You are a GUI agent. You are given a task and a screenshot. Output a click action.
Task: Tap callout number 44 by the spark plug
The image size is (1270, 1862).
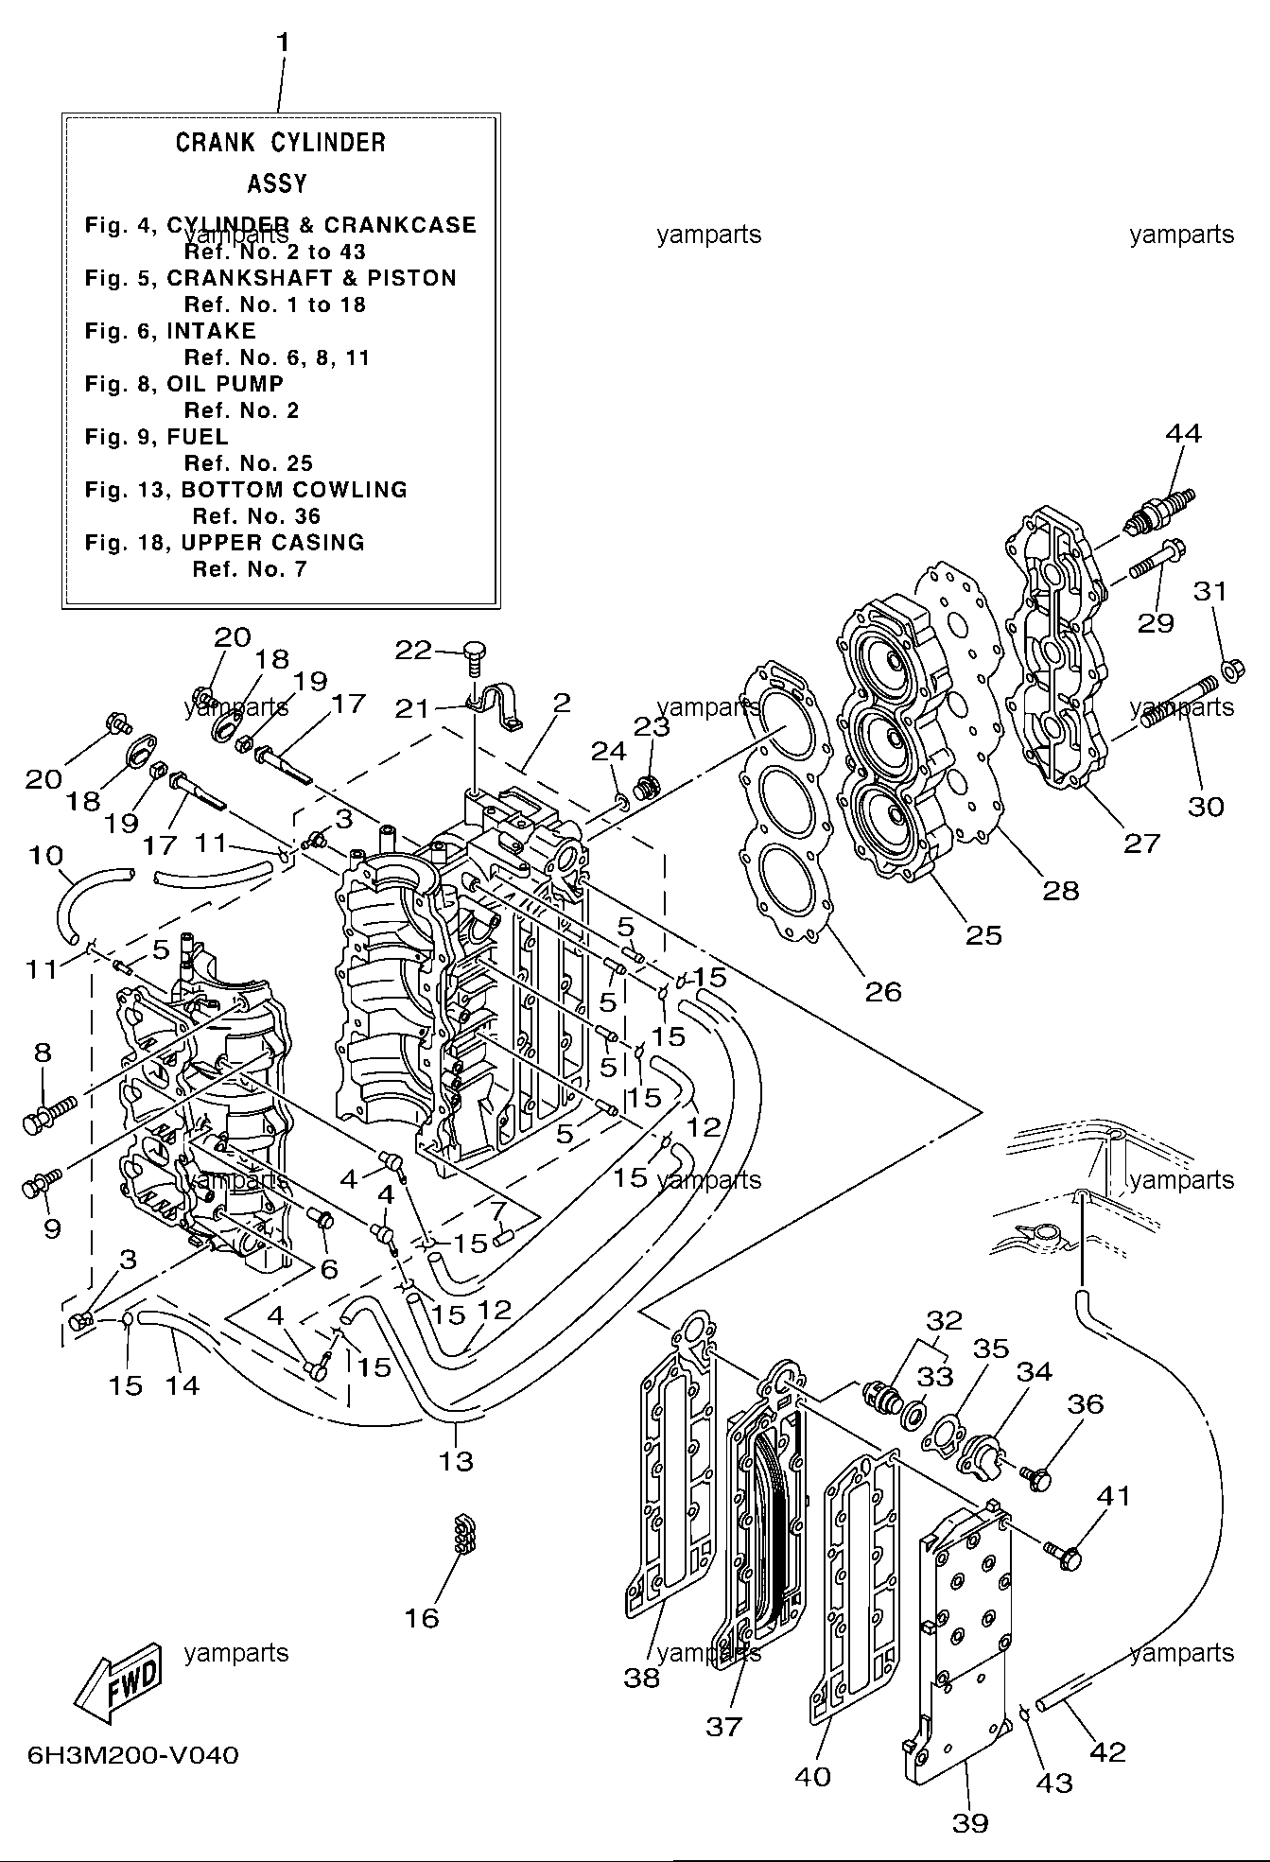tap(1183, 434)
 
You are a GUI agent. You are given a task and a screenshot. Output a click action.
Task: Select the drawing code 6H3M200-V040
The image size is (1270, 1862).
tap(133, 1756)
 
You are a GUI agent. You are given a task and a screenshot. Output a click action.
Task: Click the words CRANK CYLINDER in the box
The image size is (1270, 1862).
tap(281, 143)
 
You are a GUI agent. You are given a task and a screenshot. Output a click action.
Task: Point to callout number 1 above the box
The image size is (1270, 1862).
tap(282, 44)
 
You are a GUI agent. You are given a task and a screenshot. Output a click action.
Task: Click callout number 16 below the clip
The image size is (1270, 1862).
tap(423, 1618)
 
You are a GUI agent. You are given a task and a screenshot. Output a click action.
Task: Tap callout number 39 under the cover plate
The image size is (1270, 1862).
tap(970, 1823)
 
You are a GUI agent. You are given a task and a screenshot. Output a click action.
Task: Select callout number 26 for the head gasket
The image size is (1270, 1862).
tap(883, 991)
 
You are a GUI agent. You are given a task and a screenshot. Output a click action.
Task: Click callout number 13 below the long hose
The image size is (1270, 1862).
tap(455, 1461)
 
